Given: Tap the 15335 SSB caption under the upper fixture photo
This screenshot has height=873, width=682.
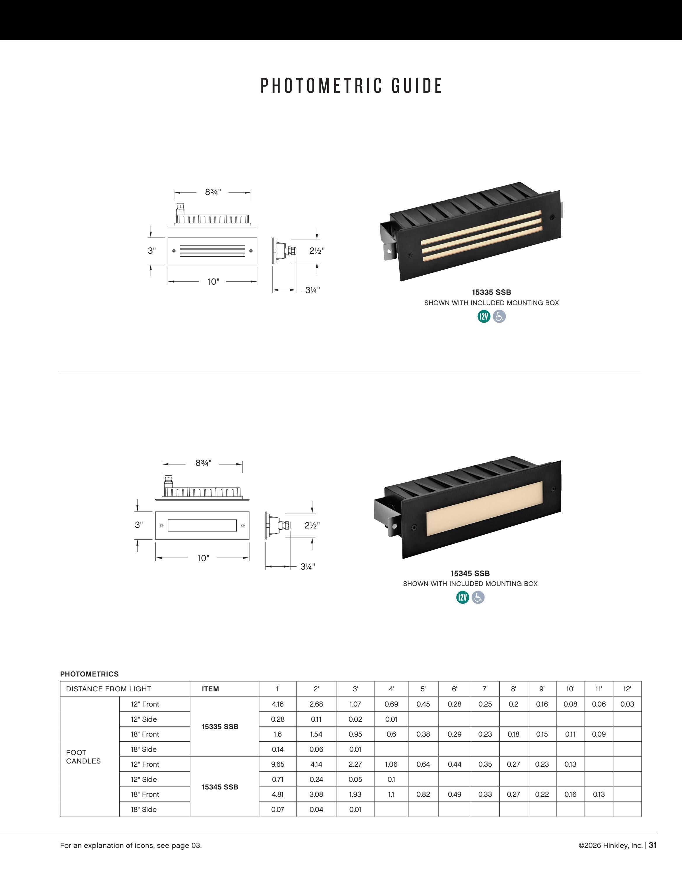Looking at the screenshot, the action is pyautogui.click(x=491, y=292).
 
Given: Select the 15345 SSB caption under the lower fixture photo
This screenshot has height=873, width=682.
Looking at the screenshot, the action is pyautogui.click(x=470, y=573).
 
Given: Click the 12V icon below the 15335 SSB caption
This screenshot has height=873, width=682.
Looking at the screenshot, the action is pyautogui.click(x=484, y=316).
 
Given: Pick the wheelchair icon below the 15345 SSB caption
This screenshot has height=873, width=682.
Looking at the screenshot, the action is pyautogui.click(x=478, y=598).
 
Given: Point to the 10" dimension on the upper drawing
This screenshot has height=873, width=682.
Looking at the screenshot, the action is pyautogui.click(x=213, y=282).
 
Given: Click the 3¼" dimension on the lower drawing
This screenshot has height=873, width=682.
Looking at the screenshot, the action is pyautogui.click(x=308, y=566).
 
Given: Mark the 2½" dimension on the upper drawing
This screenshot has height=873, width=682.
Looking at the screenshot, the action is pyautogui.click(x=317, y=251).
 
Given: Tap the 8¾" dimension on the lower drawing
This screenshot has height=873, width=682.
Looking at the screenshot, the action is pyautogui.click(x=203, y=463).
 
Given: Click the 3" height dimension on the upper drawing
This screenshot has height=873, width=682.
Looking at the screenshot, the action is pyautogui.click(x=152, y=251).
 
